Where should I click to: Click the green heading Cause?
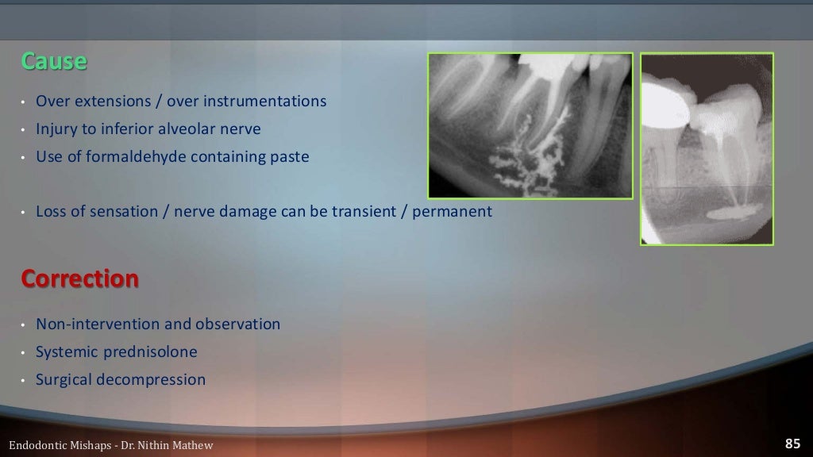[53, 61]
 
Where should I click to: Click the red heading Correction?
[79, 279]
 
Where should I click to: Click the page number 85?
[792, 444]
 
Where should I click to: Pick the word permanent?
[456, 212]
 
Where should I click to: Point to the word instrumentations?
[268, 101]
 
